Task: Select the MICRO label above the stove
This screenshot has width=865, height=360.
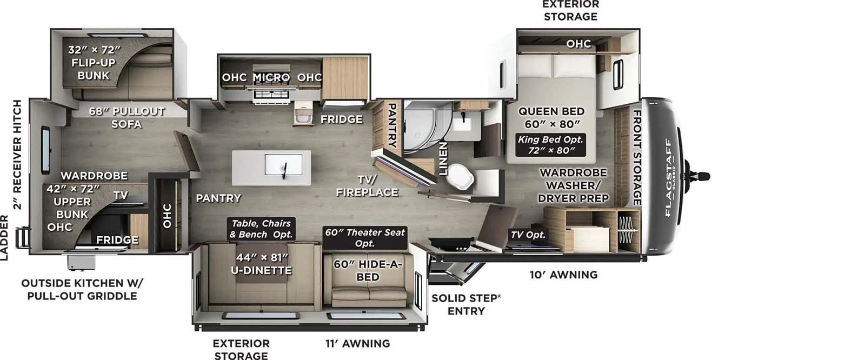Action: click(271, 77)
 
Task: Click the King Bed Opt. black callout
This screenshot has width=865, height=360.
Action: click(551, 145)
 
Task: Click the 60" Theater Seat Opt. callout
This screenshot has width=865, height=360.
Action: click(364, 238)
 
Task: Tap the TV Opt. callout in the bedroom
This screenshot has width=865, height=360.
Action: click(528, 235)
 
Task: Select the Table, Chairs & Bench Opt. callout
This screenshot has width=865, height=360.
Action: click(261, 229)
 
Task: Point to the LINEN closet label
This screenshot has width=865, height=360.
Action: click(443, 159)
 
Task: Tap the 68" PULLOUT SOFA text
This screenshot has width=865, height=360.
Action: click(127, 117)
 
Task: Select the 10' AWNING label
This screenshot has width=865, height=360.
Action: click(563, 275)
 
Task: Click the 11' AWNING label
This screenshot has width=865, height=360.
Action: click(357, 343)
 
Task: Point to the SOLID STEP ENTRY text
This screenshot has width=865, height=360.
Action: click(466, 304)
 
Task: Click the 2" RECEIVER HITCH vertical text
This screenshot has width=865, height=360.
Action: click(17, 155)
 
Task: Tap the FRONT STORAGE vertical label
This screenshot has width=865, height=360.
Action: click(637, 157)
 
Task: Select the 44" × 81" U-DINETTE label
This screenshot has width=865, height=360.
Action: click(261, 264)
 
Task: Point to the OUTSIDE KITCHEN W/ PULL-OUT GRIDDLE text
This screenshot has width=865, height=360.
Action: click(82, 289)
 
